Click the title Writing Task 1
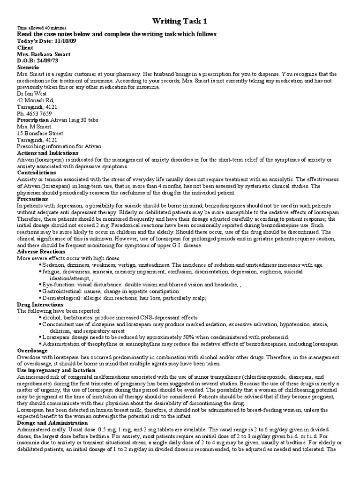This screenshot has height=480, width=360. coord(180,21)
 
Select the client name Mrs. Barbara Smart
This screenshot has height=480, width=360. coord(44,54)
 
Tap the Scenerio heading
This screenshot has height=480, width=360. coord(28,67)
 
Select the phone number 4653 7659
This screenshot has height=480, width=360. coord(38,113)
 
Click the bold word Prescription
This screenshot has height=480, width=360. coord(34,120)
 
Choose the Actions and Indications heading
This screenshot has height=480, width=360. coord(48,153)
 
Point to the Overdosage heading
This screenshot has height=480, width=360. coord(32,350)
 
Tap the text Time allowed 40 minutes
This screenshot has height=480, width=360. coord(42,28)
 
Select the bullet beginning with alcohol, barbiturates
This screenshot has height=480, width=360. coord(120,317)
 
